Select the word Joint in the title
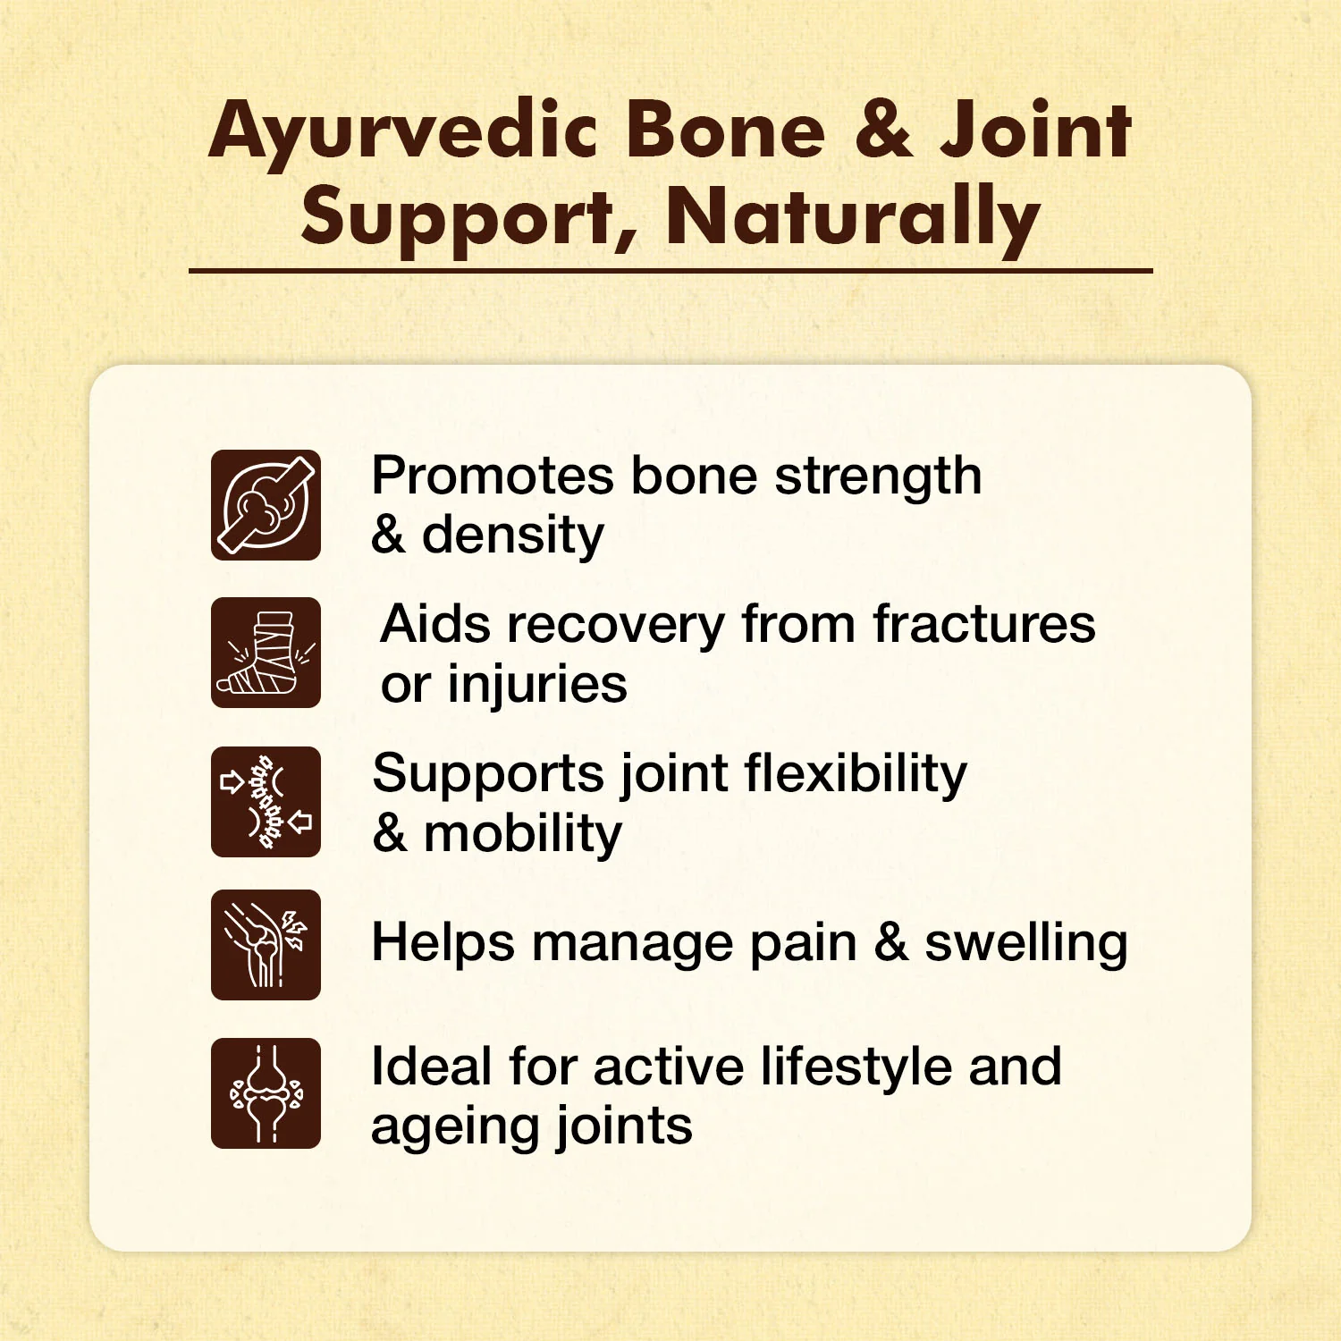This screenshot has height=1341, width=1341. [x=1035, y=129]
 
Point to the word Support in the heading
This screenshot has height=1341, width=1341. [x=470, y=220]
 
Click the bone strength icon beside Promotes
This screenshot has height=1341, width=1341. [x=266, y=505]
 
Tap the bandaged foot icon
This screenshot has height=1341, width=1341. [x=266, y=653]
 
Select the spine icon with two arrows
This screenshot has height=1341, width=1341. [x=266, y=802]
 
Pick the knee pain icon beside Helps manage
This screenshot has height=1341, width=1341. [x=266, y=945]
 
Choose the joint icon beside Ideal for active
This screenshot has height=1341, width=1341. [x=266, y=1093]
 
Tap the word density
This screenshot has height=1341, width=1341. [x=513, y=536]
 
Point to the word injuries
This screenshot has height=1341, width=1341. [x=537, y=686]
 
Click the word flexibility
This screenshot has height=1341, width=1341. [x=856, y=774]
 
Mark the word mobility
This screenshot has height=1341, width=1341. [x=523, y=835]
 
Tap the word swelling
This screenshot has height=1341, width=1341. [x=1026, y=944]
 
